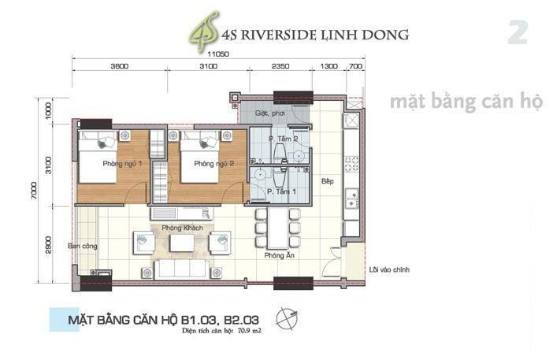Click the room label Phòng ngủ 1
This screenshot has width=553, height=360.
(121, 164)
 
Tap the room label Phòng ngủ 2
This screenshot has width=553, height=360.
(214, 164)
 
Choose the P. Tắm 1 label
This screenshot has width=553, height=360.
(281, 191)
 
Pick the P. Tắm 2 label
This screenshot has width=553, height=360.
(283, 139)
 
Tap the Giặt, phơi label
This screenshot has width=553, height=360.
(269, 113)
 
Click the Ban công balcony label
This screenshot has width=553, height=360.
(83, 246)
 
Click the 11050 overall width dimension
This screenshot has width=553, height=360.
(218, 53)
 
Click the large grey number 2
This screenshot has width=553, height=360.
(517, 33)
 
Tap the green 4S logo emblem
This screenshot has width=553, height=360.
(201, 35)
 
